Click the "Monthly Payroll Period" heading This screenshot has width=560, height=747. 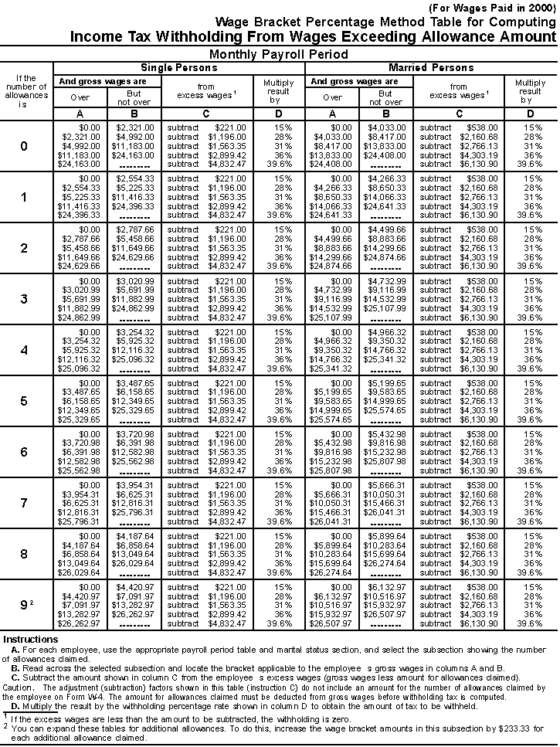point(279,55)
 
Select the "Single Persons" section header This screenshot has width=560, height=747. point(178,68)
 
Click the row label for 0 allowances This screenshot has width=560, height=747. point(24,146)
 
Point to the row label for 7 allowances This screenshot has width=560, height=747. point(24,503)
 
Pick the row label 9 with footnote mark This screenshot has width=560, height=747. point(25,605)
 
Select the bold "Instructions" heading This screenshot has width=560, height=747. point(30,639)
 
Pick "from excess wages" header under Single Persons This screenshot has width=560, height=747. point(205,90)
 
